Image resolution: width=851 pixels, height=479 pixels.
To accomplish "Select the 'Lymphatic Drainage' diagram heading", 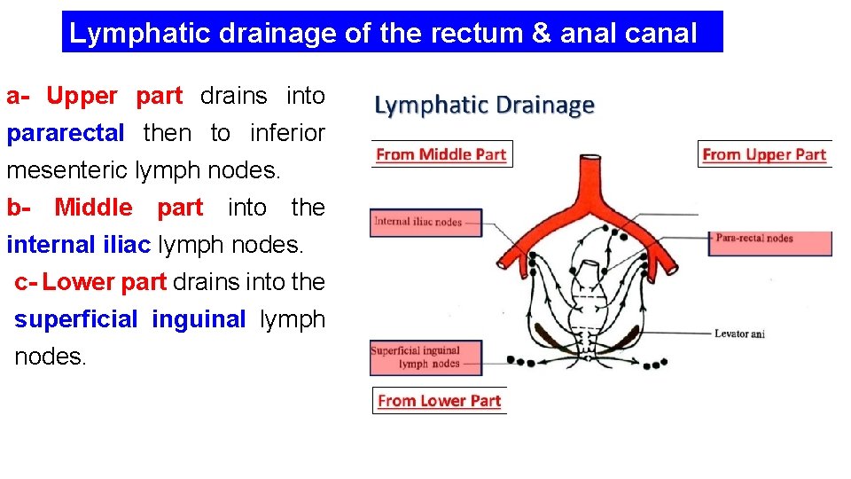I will click(x=484, y=106).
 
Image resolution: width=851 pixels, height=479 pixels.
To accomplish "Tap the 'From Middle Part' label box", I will click(x=441, y=154).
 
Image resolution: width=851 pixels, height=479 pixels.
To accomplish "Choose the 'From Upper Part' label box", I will click(x=764, y=154).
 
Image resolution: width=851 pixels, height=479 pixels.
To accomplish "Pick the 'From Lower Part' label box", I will click(x=439, y=401).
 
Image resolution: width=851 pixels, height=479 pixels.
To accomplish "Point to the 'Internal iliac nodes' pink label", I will click(x=425, y=222).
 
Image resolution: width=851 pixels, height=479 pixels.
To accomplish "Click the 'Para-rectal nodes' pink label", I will click(x=769, y=239).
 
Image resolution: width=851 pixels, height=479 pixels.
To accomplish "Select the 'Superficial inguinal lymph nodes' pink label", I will click(x=425, y=357).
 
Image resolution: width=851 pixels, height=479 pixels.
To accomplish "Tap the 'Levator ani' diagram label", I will click(x=738, y=334).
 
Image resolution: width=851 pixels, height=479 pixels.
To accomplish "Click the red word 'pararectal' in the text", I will click(x=66, y=134).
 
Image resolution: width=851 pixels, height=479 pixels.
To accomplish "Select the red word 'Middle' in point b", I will click(x=93, y=208).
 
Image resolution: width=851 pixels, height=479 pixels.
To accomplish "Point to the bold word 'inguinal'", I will click(x=199, y=319).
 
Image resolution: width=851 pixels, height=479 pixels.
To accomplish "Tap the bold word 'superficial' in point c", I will click(x=76, y=319).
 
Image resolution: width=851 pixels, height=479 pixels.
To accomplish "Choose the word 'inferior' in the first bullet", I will click(x=287, y=134).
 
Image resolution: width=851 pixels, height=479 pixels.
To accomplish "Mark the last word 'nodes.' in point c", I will click(x=50, y=357).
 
